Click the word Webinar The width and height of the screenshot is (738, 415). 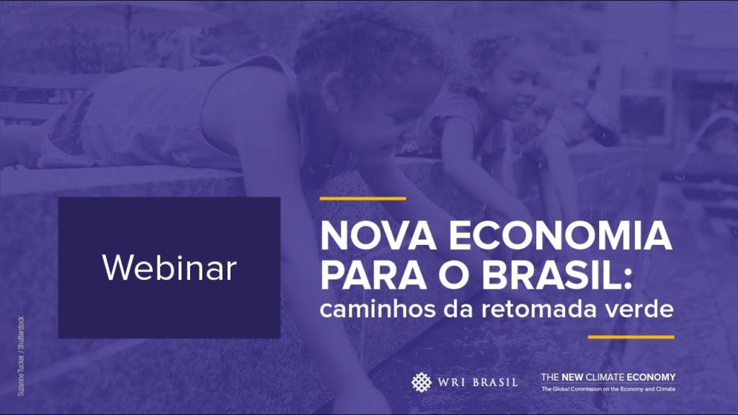(x=169, y=268)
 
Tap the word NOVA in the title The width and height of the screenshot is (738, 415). (x=378, y=236)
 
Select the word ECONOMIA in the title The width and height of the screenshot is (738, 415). (x=560, y=236)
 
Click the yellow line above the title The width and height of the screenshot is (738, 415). (x=363, y=199)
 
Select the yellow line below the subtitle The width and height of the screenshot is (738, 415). (x=631, y=337)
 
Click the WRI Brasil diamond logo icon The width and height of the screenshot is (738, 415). (x=421, y=382)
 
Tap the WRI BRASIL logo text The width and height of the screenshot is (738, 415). (x=477, y=382)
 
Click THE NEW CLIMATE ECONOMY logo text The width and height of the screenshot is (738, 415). (x=608, y=377)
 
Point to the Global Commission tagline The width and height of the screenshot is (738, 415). (x=608, y=389)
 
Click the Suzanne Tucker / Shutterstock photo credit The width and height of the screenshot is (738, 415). (x=21, y=356)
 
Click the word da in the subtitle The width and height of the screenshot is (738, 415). (x=458, y=310)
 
